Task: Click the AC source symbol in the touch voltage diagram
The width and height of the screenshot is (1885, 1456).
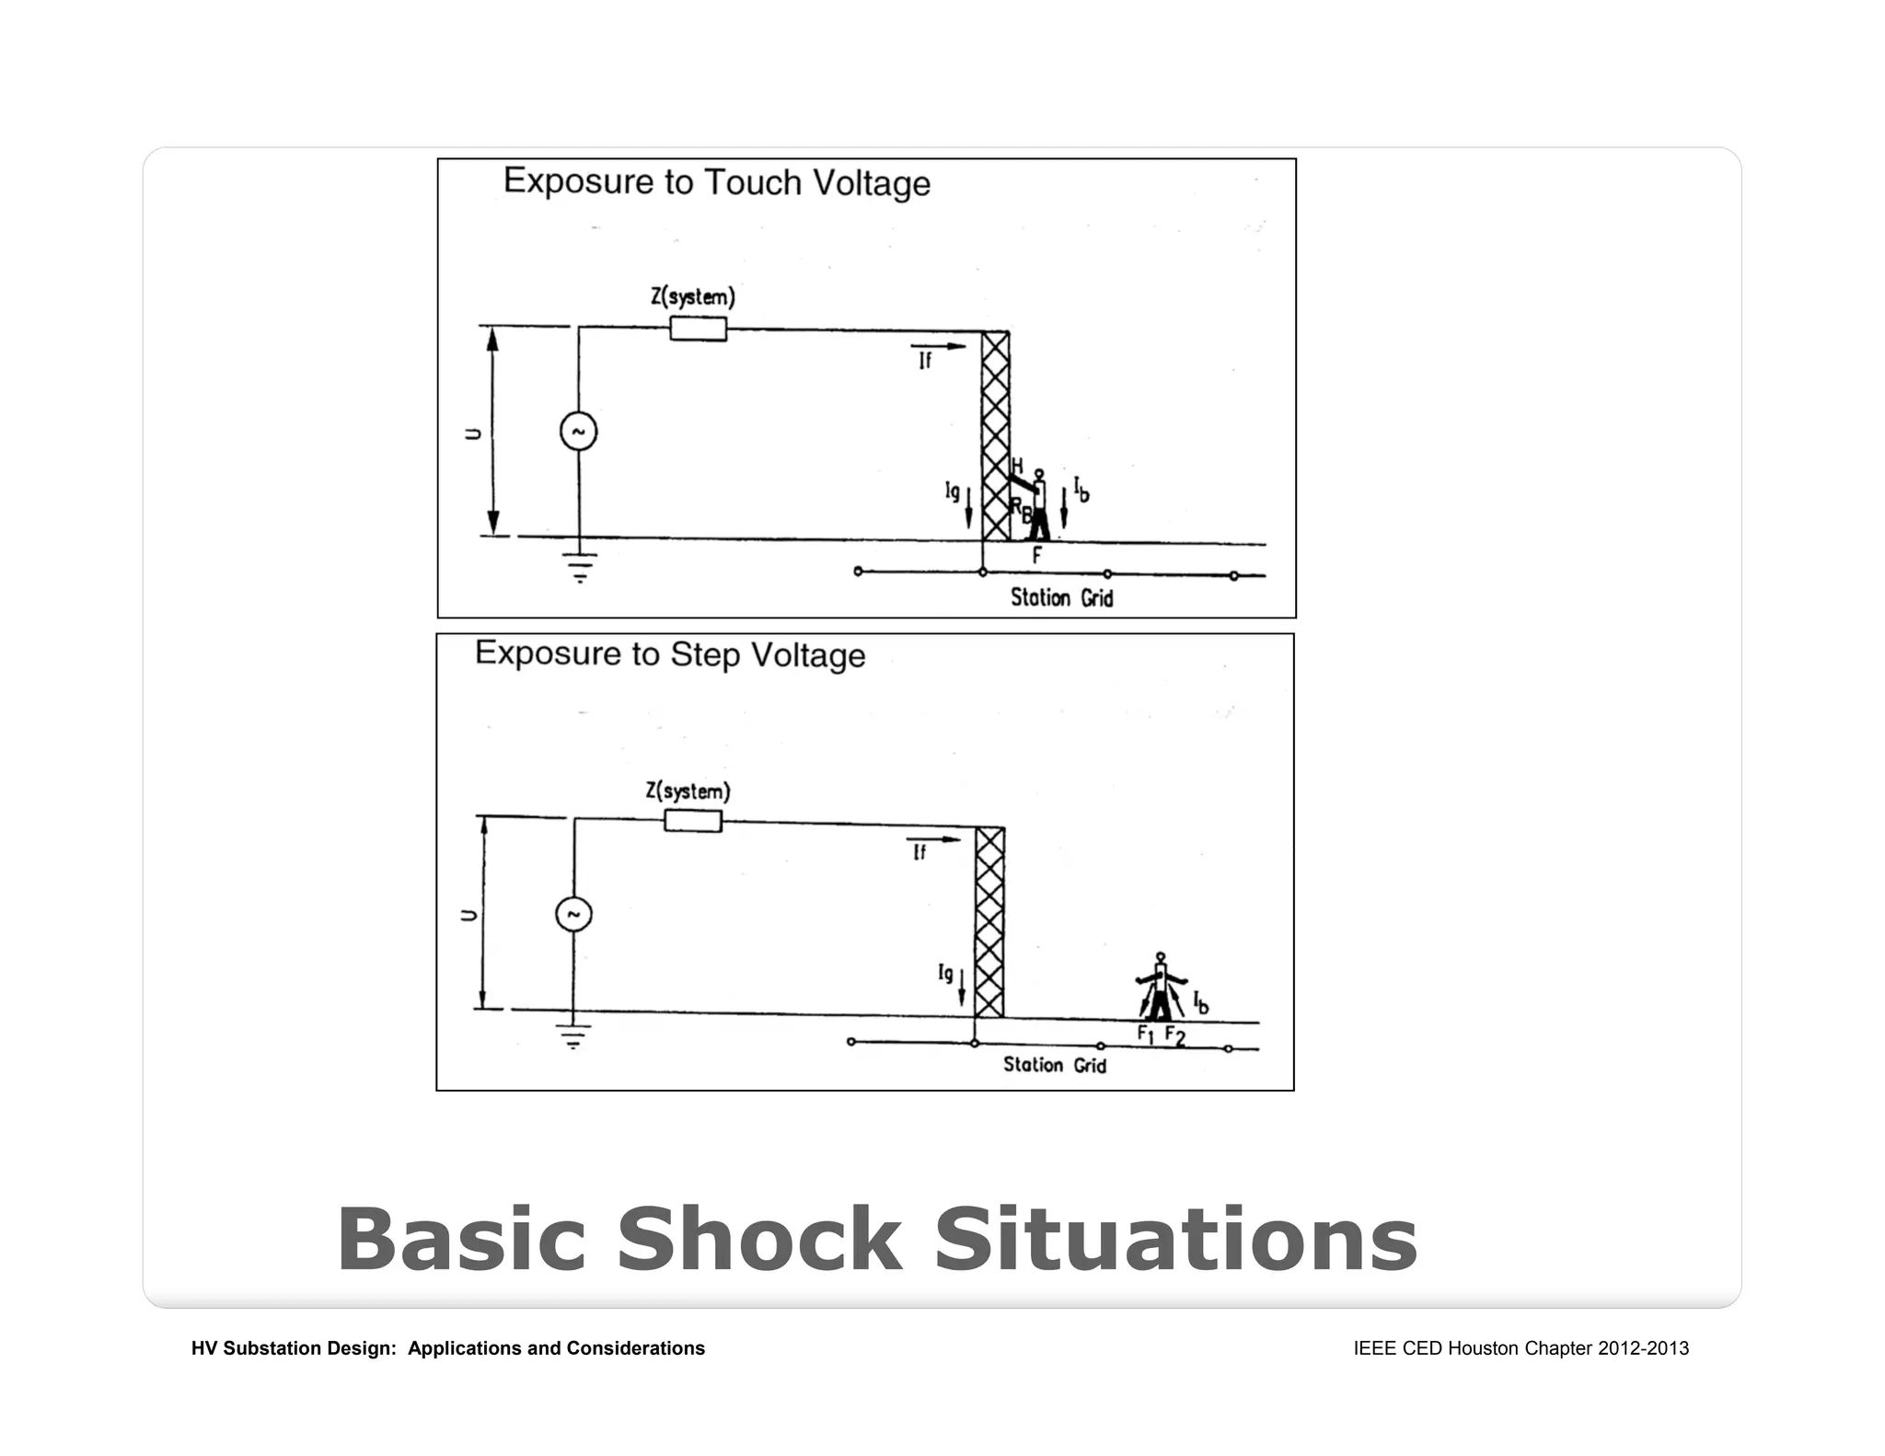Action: (x=579, y=432)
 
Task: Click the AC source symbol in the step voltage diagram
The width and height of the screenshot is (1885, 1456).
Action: (x=573, y=914)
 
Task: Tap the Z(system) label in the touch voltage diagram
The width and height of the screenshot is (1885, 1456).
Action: (x=693, y=297)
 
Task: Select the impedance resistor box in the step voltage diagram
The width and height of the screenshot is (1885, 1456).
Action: (x=693, y=820)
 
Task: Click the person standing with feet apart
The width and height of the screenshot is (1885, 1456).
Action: (x=1161, y=988)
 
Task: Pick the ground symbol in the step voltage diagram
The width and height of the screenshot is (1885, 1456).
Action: (x=573, y=1036)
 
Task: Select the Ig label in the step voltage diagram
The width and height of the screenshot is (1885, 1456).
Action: (x=945, y=973)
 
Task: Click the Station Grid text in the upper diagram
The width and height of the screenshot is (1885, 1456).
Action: (x=1061, y=598)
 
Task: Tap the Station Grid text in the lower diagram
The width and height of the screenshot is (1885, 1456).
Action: (x=1054, y=1065)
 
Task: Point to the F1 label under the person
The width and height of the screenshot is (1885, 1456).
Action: (x=1145, y=1034)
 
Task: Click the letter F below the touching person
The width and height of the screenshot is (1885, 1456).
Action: (x=1036, y=556)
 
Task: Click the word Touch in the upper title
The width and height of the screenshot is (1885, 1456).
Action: (x=752, y=182)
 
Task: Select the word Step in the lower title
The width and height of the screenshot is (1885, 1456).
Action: (x=705, y=654)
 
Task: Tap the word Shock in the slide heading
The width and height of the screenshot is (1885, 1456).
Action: (x=758, y=1240)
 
